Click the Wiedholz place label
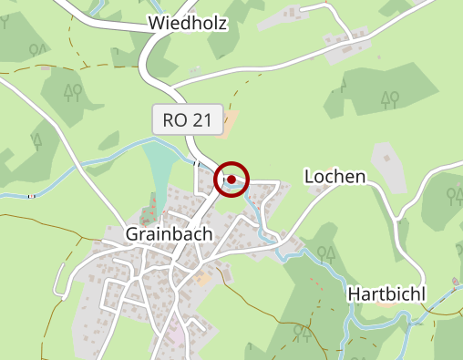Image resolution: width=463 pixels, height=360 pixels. [x=186, y=24]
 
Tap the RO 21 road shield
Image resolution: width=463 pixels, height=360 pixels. [x=188, y=119]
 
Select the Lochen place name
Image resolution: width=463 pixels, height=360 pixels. [x=334, y=176]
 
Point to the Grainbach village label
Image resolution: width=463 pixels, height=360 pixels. [x=169, y=234]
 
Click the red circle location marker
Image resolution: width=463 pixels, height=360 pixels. [x=232, y=180]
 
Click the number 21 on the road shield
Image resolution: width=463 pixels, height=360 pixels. [x=202, y=119]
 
